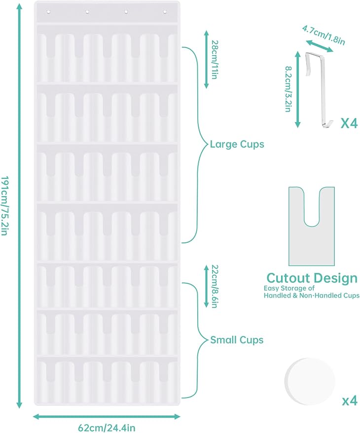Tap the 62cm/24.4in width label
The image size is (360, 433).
coord(107,428)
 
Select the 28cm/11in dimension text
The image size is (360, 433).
coord(215,60)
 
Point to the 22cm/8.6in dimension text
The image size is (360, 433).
coord(215,286)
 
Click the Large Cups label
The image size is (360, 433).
coord(237,144)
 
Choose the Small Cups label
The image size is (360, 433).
coord(237,340)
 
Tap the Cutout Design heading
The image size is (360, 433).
coord(312,278)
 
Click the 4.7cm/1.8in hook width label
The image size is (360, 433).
coord(324,35)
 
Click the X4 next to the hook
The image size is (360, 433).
coord(349,123)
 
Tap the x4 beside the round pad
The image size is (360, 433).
coord(350,400)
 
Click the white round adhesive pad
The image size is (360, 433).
coord(309,381)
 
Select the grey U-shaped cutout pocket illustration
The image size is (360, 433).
coord(312,227)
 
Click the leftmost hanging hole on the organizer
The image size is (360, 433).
coord(48,12)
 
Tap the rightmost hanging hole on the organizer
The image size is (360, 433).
coord(165,12)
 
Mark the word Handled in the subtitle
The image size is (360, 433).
coord(277,296)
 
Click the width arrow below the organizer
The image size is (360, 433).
coord(107,416)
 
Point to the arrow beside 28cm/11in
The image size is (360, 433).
coord(206,60)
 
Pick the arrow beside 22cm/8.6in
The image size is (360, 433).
coord(206,286)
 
